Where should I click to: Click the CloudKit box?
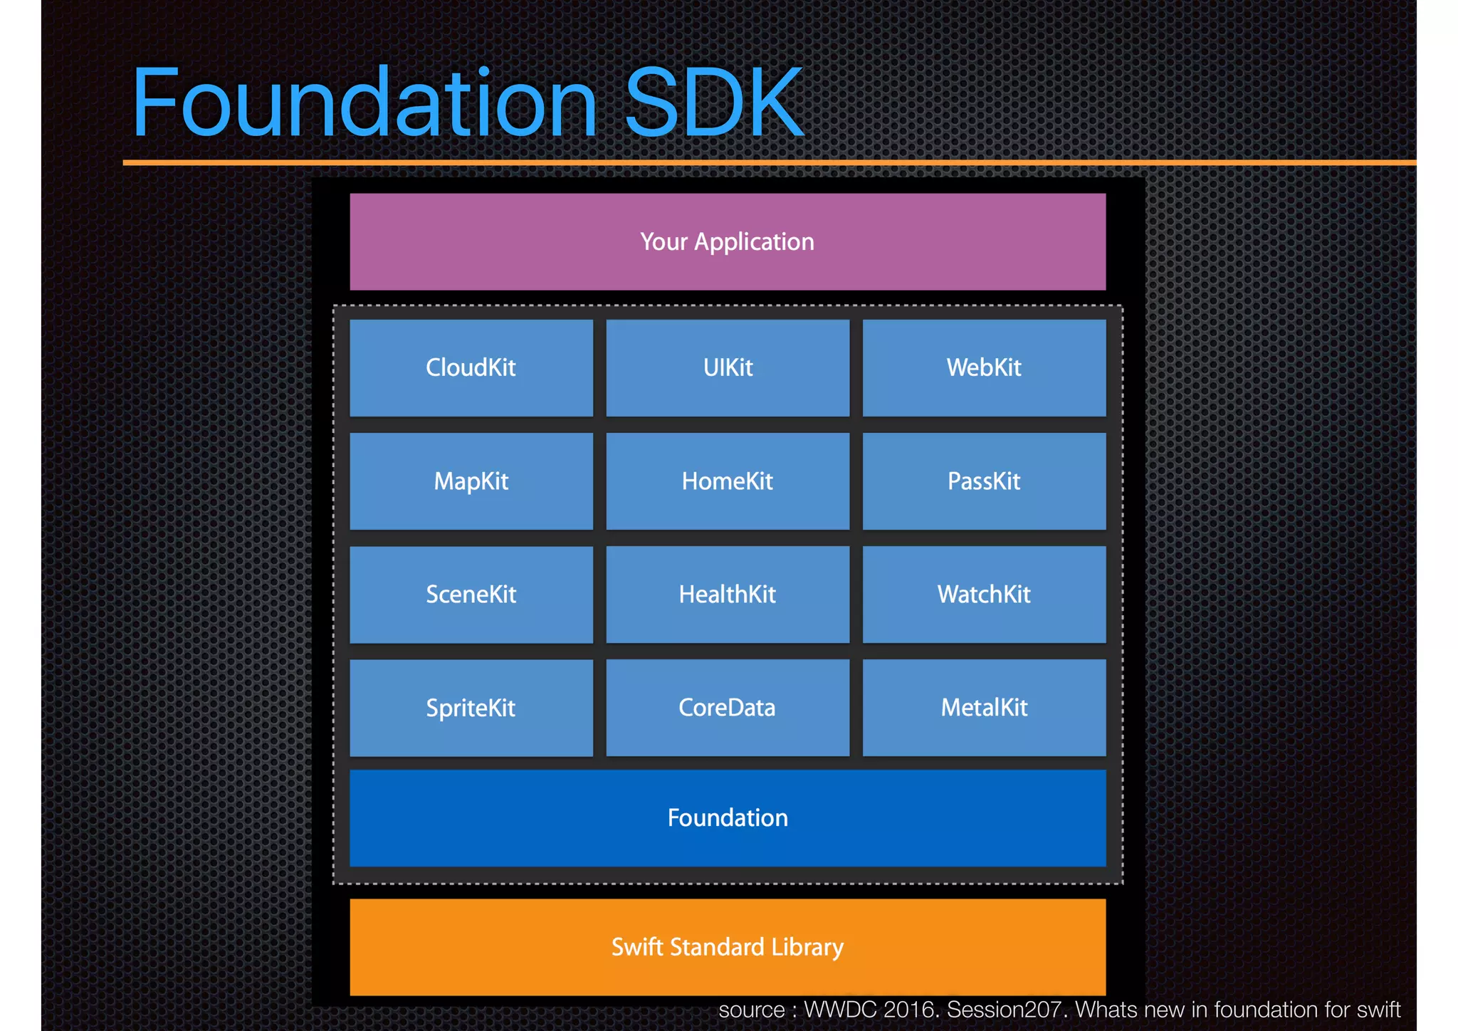(x=471, y=367)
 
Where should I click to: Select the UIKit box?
(x=728, y=367)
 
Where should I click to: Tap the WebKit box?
(x=984, y=367)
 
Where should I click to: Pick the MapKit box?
(x=471, y=481)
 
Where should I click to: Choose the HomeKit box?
(x=728, y=481)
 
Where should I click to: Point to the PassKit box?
(x=984, y=481)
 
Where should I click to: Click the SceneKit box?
(x=471, y=595)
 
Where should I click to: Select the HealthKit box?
(x=728, y=595)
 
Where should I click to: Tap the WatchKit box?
(x=984, y=595)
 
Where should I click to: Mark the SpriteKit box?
(x=471, y=708)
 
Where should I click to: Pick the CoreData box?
(x=728, y=708)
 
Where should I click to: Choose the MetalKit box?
(x=984, y=708)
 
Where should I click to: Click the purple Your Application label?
(x=727, y=242)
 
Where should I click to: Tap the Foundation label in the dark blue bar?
(x=728, y=817)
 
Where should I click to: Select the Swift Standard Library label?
(x=728, y=947)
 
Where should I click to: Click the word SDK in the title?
(x=713, y=103)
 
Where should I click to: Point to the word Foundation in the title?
(x=364, y=103)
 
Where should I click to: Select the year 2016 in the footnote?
(x=912, y=1010)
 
